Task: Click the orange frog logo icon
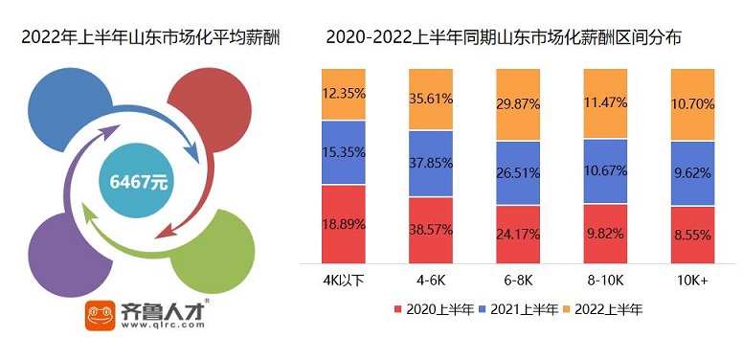[100, 316]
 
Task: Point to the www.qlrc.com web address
[163, 326]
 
